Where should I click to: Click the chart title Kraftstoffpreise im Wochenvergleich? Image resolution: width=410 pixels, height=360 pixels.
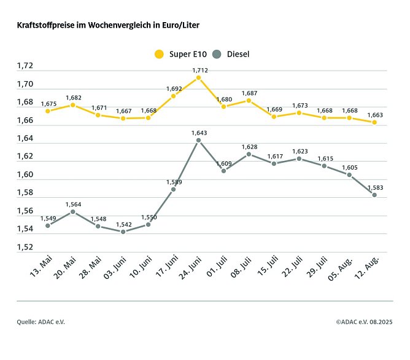pos(107,26)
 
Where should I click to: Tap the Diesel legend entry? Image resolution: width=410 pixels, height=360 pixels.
pos(231,54)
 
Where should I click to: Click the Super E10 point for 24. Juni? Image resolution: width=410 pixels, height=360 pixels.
pos(198,78)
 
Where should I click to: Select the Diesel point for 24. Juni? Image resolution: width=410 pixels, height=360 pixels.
pos(198,140)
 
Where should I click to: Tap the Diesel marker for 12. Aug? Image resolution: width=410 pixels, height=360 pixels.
pos(374,195)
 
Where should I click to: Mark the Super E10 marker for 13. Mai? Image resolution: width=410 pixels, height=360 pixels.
pos(47,111)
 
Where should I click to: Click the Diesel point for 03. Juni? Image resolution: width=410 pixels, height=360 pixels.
pos(123,232)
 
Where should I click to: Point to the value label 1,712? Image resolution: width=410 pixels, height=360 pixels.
pos(199,70)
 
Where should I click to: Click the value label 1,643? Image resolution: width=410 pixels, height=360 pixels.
pos(199,133)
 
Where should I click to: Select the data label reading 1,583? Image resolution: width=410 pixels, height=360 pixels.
pos(374,187)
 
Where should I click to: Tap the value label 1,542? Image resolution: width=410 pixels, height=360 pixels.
pos(123,224)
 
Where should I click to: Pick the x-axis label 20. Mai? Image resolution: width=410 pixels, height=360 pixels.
pos(66,268)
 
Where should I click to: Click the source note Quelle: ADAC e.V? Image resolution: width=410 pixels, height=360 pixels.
pos(41,321)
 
